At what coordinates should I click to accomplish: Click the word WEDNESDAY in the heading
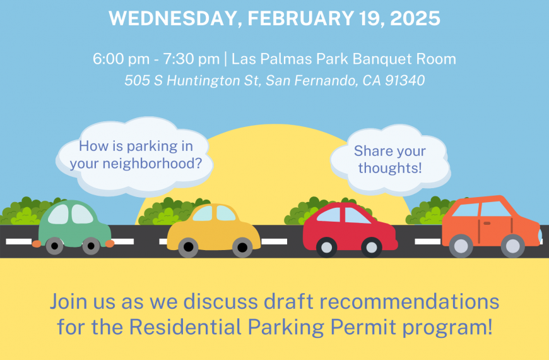click(173, 18)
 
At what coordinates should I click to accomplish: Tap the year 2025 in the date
click(415, 18)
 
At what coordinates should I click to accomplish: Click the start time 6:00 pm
click(121, 59)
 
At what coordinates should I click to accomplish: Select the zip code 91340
click(404, 80)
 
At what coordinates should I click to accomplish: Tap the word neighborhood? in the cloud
click(152, 164)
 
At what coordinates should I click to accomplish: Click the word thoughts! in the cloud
click(390, 168)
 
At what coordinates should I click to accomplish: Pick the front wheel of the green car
click(91, 246)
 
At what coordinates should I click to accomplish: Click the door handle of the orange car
click(487, 224)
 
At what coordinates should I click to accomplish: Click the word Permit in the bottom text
click(363, 327)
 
